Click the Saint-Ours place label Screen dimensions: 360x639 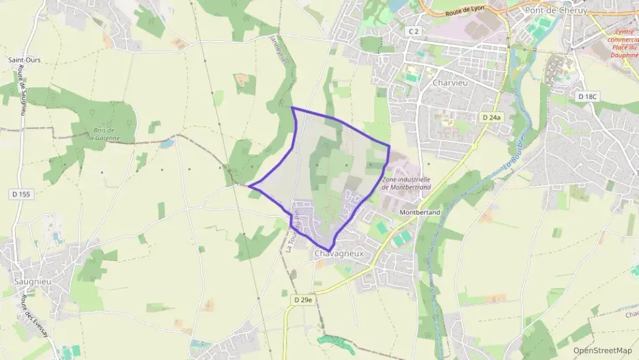click(x=25, y=60)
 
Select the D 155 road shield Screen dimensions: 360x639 click(x=21, y=195)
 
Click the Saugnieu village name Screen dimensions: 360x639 click(x=31, y=281)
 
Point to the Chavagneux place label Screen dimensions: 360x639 click(x=337, y=254)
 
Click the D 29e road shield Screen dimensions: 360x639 click(x=303, y=299)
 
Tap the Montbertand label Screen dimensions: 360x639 click(x=419, y=212)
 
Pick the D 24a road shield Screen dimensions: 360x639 click(x=492, y=117)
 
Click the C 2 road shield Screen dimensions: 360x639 click(x=412, y=31)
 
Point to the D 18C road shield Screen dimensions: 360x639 click(x=587, y=97)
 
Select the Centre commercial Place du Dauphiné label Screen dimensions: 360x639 click(x=623, y=44)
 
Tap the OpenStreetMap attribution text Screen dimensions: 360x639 click(x=603, y=350)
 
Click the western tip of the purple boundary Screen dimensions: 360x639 click(x=248, y=186)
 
